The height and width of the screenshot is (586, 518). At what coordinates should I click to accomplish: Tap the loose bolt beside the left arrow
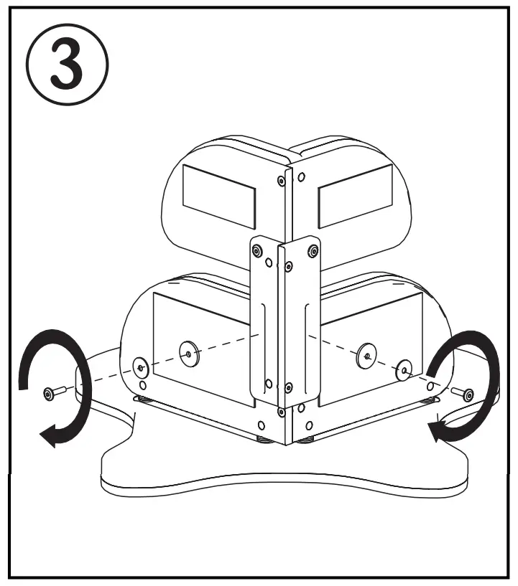click(x=52, y=392)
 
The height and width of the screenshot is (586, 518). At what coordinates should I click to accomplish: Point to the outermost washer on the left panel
click(x=139, y=367)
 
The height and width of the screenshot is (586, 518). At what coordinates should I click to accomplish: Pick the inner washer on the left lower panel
click(x=188, y=352)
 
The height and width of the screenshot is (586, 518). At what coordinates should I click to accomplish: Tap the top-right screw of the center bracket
click(x=312, y=251)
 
